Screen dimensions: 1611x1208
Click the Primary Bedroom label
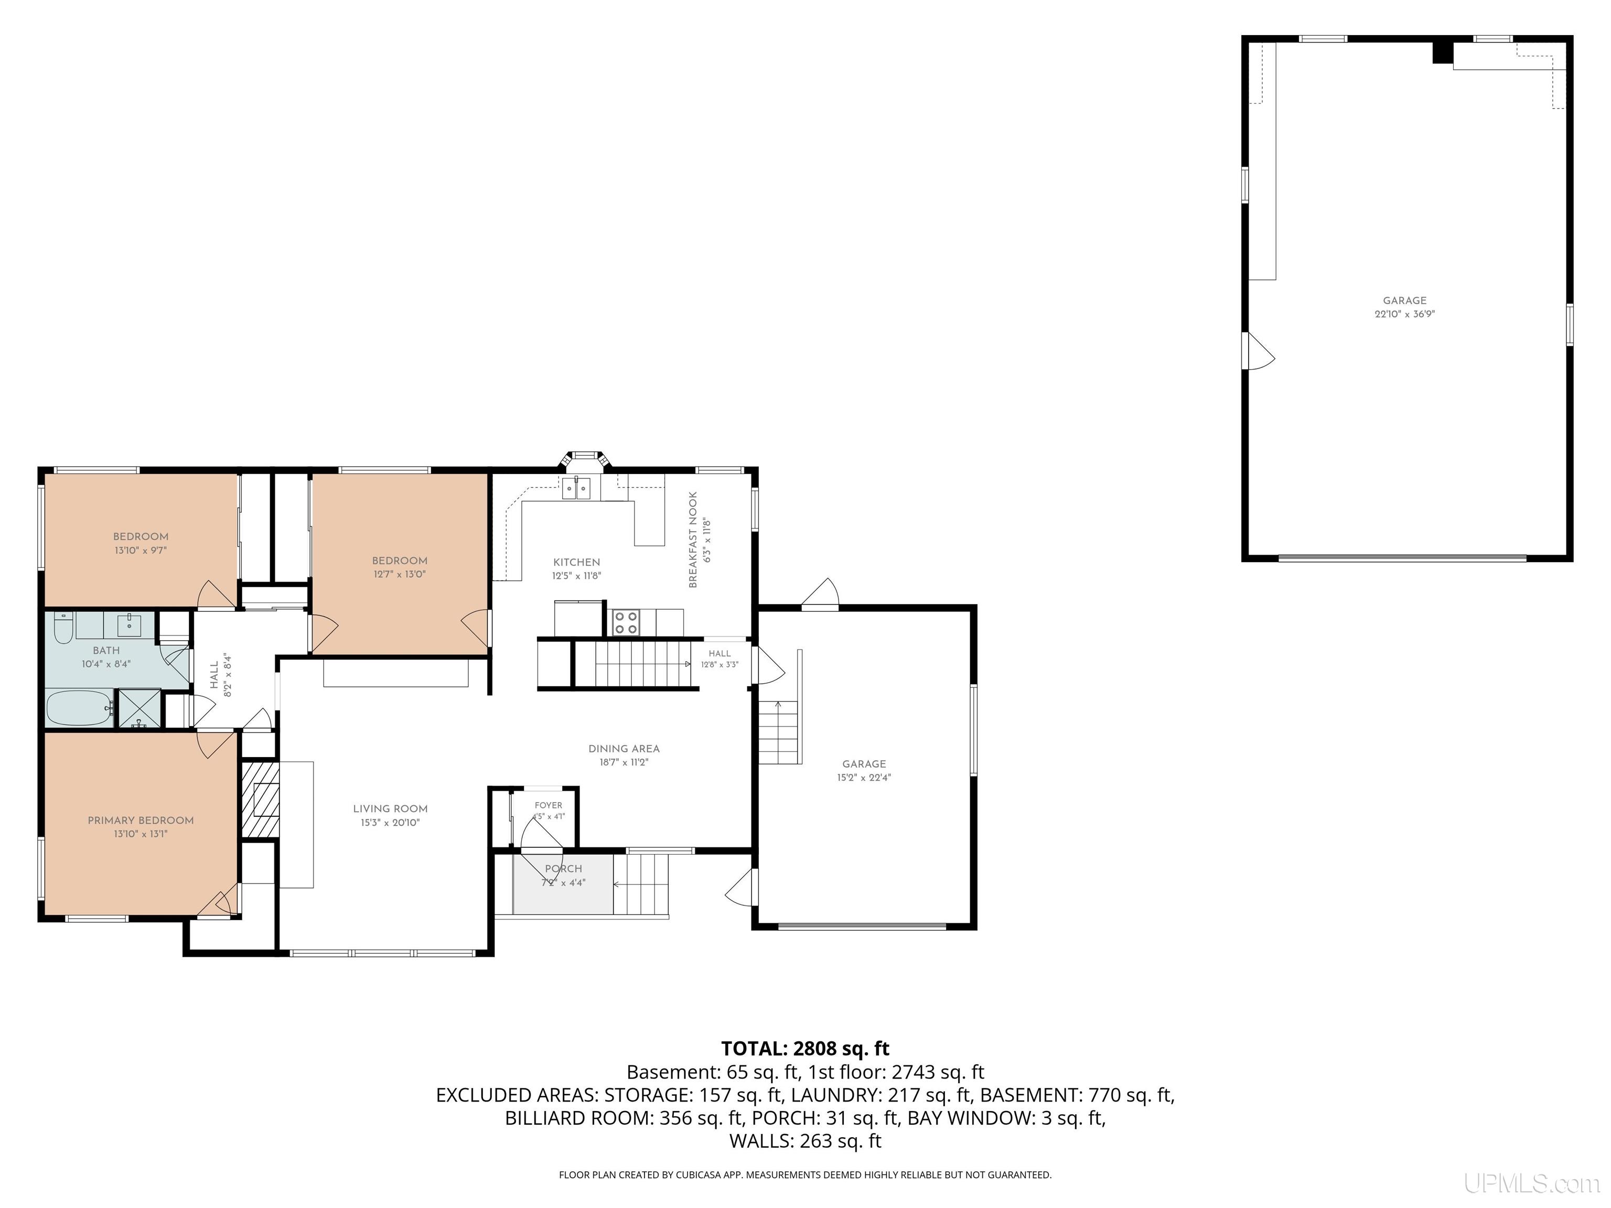[x=141, y=820]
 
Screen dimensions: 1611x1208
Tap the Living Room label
[x=390, y=808]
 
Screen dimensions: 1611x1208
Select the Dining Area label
[x=624, y=749]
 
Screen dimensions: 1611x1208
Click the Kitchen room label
[x=577, y=562]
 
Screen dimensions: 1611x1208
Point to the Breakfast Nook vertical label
[x=693, y=540]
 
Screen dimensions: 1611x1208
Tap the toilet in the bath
[x=63, y=628]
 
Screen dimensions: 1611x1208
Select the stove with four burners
[x=626, y=622]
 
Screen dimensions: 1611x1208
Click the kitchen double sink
[x=577, y=488]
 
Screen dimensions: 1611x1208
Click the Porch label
[x=564, y=869]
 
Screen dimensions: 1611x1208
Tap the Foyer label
[x=549, y=805]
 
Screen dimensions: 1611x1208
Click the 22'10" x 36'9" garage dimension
[x=1405, y=315]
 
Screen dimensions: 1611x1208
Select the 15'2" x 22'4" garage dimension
[x=864, y=778]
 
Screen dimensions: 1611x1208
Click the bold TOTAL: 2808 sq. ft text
[x=805, y=1049]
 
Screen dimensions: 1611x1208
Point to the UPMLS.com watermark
[x=1532, y=1183]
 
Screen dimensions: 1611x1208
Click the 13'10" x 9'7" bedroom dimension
[x=141, y=551]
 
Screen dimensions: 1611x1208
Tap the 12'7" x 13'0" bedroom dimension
[x=399, y=574]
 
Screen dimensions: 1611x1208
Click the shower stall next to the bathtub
[x=139, y=708]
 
